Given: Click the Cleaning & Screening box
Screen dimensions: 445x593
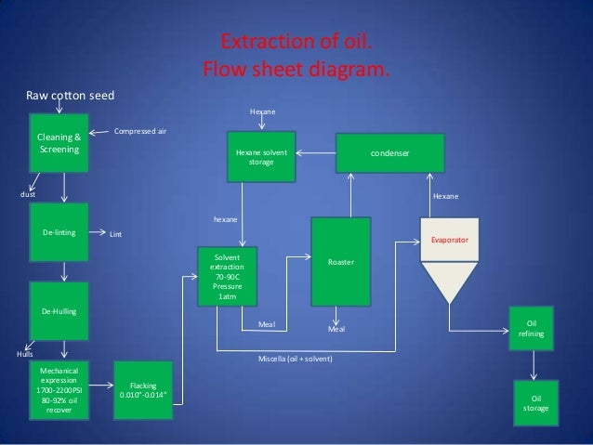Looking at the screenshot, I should [59, 143].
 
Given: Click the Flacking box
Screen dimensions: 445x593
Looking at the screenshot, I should [144, 391].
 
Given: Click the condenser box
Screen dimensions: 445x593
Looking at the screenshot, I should [389, 151].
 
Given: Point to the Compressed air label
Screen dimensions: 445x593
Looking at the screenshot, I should [140, 132].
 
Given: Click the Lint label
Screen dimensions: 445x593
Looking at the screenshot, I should [116, 235].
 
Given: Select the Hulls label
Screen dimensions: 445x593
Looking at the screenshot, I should [24, 354].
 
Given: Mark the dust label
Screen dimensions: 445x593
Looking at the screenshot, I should [28, 195].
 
